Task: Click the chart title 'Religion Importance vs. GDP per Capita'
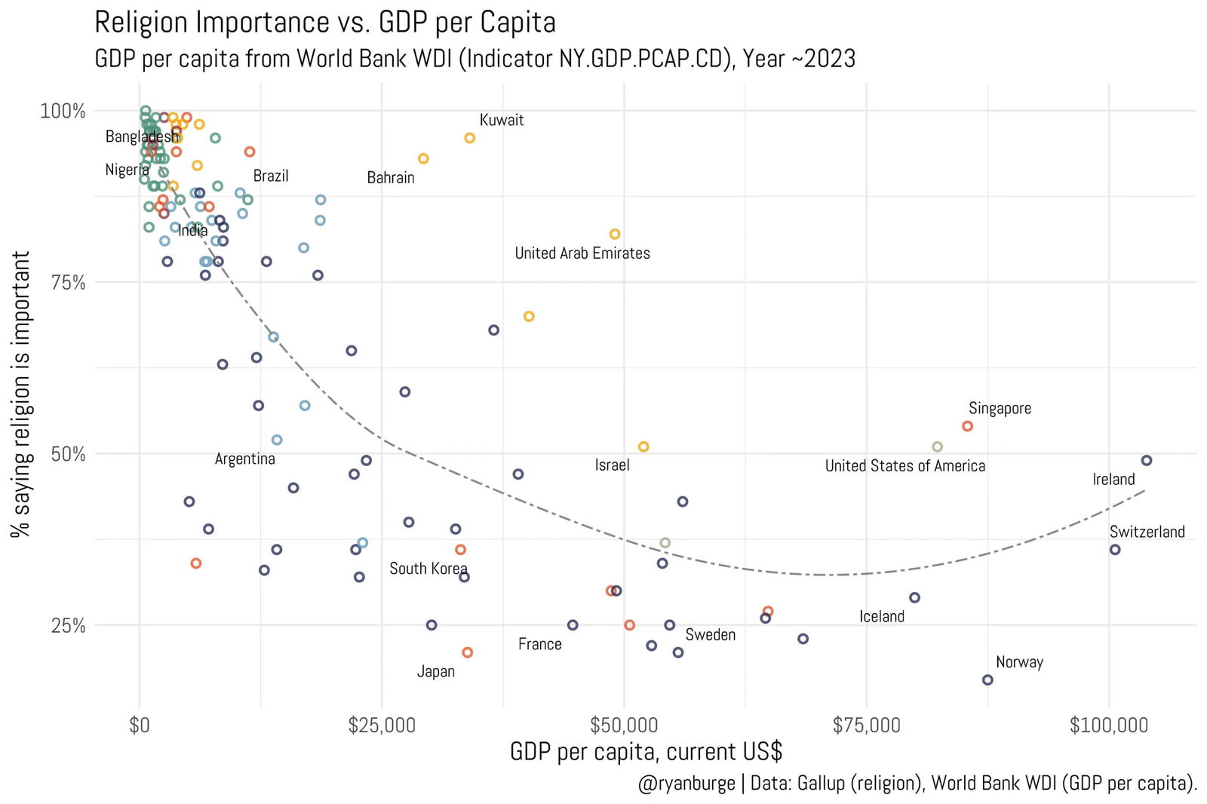[x=324, y=23]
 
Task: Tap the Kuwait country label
[x=502, y=120]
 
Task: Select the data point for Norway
[x=987, y=680]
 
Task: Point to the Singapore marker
[x=967, y=426]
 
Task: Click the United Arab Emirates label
[x=582, y=253]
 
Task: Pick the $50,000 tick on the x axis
[x=624, y=726]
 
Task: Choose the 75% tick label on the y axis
[x=68, y=283]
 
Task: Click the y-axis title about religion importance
[x=21, y=394]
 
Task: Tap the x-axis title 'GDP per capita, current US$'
[x=646, y=752]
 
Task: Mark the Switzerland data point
[x=1114, y=549]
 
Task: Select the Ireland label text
[x=1113, y=480]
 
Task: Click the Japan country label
[x=436, y=671]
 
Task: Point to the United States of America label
[x=904, y=466]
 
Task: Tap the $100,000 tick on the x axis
[x=1108, y=726]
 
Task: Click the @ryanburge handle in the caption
[x=686, y=784]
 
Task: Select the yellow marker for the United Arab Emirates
[x=615, y=234]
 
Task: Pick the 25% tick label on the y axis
[x=68, y=625]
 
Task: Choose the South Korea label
[x=428, y=569]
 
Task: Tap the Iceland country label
[x=881, y=616]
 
